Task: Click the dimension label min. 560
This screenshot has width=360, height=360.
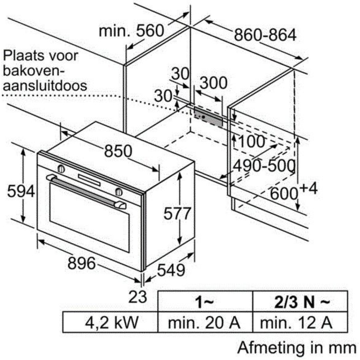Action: click(132, 30)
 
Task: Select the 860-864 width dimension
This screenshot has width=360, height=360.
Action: click(265, 35)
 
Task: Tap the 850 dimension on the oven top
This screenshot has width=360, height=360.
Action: click(118, 151)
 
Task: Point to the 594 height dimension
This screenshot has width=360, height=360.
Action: click(21, 191)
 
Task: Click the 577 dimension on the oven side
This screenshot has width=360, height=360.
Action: click(177, 213)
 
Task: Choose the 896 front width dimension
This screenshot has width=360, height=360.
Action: click(82, 263)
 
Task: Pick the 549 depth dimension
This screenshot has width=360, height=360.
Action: click(171, 270)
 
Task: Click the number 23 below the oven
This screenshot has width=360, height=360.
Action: click(138, 297)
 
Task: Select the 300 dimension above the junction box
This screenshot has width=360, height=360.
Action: click(214, 83)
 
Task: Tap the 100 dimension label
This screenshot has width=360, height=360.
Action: click(252, 141)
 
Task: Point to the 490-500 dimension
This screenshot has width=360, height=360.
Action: click(264, 165)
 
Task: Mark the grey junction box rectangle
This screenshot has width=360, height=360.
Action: click(208, 117)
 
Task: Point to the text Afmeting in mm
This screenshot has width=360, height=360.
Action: click(297, 347)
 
